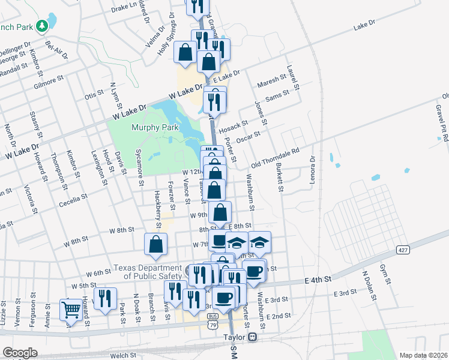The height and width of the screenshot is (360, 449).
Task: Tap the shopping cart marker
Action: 71,310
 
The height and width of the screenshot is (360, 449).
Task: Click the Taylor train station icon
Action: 253,337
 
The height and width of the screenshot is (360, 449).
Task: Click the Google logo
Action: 20,353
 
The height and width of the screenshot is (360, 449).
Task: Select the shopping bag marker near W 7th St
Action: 155,244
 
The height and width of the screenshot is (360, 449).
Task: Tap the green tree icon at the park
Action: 41,26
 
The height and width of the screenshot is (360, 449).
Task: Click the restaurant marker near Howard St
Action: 105,298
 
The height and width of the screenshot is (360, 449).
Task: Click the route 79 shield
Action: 213,325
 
